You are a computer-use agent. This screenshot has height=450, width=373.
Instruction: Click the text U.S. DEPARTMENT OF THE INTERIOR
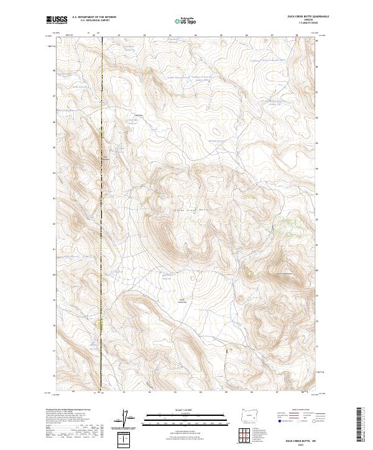click(94, 17)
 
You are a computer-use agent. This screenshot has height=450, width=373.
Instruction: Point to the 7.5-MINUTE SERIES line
click(300, 24)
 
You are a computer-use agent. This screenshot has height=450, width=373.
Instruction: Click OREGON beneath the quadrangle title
click(300, 20)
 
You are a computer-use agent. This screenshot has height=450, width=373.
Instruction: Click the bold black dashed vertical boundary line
click(103, 217)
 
